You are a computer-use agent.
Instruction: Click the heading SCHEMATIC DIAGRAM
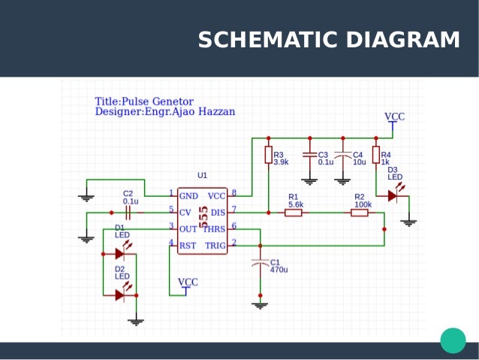point(329,41)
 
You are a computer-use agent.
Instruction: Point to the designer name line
point(164,112)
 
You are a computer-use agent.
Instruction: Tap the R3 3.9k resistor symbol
point(268,155)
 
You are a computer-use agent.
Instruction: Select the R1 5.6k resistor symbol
point(294,213)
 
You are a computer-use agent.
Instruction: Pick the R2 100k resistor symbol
point(360,213)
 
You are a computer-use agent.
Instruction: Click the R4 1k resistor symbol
point(375,155)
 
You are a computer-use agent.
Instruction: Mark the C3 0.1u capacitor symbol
point(309,156)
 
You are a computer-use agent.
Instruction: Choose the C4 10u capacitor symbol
point(342,156)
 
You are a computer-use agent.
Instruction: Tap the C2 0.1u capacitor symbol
point(128,213)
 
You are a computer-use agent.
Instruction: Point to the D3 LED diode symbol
point(392,196)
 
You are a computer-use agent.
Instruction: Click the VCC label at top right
point(395,116)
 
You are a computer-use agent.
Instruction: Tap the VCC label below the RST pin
point(188,282)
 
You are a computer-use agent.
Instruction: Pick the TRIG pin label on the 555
point(215,245)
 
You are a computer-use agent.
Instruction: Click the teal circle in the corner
point(453,340)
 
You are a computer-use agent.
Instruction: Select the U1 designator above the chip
point(202,175)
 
